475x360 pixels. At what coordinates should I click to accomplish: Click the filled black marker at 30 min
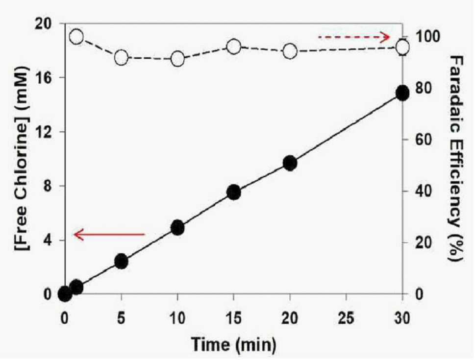[x=402, y=93]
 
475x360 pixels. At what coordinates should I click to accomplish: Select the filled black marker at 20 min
[x=290, y=163]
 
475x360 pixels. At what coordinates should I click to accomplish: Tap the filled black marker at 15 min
[x=234, y=192]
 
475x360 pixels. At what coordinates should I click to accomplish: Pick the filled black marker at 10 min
[x=177, y=228]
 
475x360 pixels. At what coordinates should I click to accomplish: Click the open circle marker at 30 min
[x=403, y=48]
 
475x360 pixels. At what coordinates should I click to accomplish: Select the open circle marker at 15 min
[x=234, y=47]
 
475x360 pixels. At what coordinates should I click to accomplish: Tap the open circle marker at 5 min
[x=122, y=57]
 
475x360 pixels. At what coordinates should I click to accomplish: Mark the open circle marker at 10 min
[x=177, y=59]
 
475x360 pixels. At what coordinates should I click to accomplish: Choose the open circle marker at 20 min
[x=290, y=51]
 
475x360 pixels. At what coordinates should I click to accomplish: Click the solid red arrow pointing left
[x=110, y=234]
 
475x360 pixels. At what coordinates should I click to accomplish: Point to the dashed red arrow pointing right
[x=354, y=37]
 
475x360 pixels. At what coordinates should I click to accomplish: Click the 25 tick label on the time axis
[x=346, y=318]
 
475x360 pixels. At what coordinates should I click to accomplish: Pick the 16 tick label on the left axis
[x=44, y=77]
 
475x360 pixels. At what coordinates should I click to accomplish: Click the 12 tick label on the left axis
[x=44, y=132]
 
